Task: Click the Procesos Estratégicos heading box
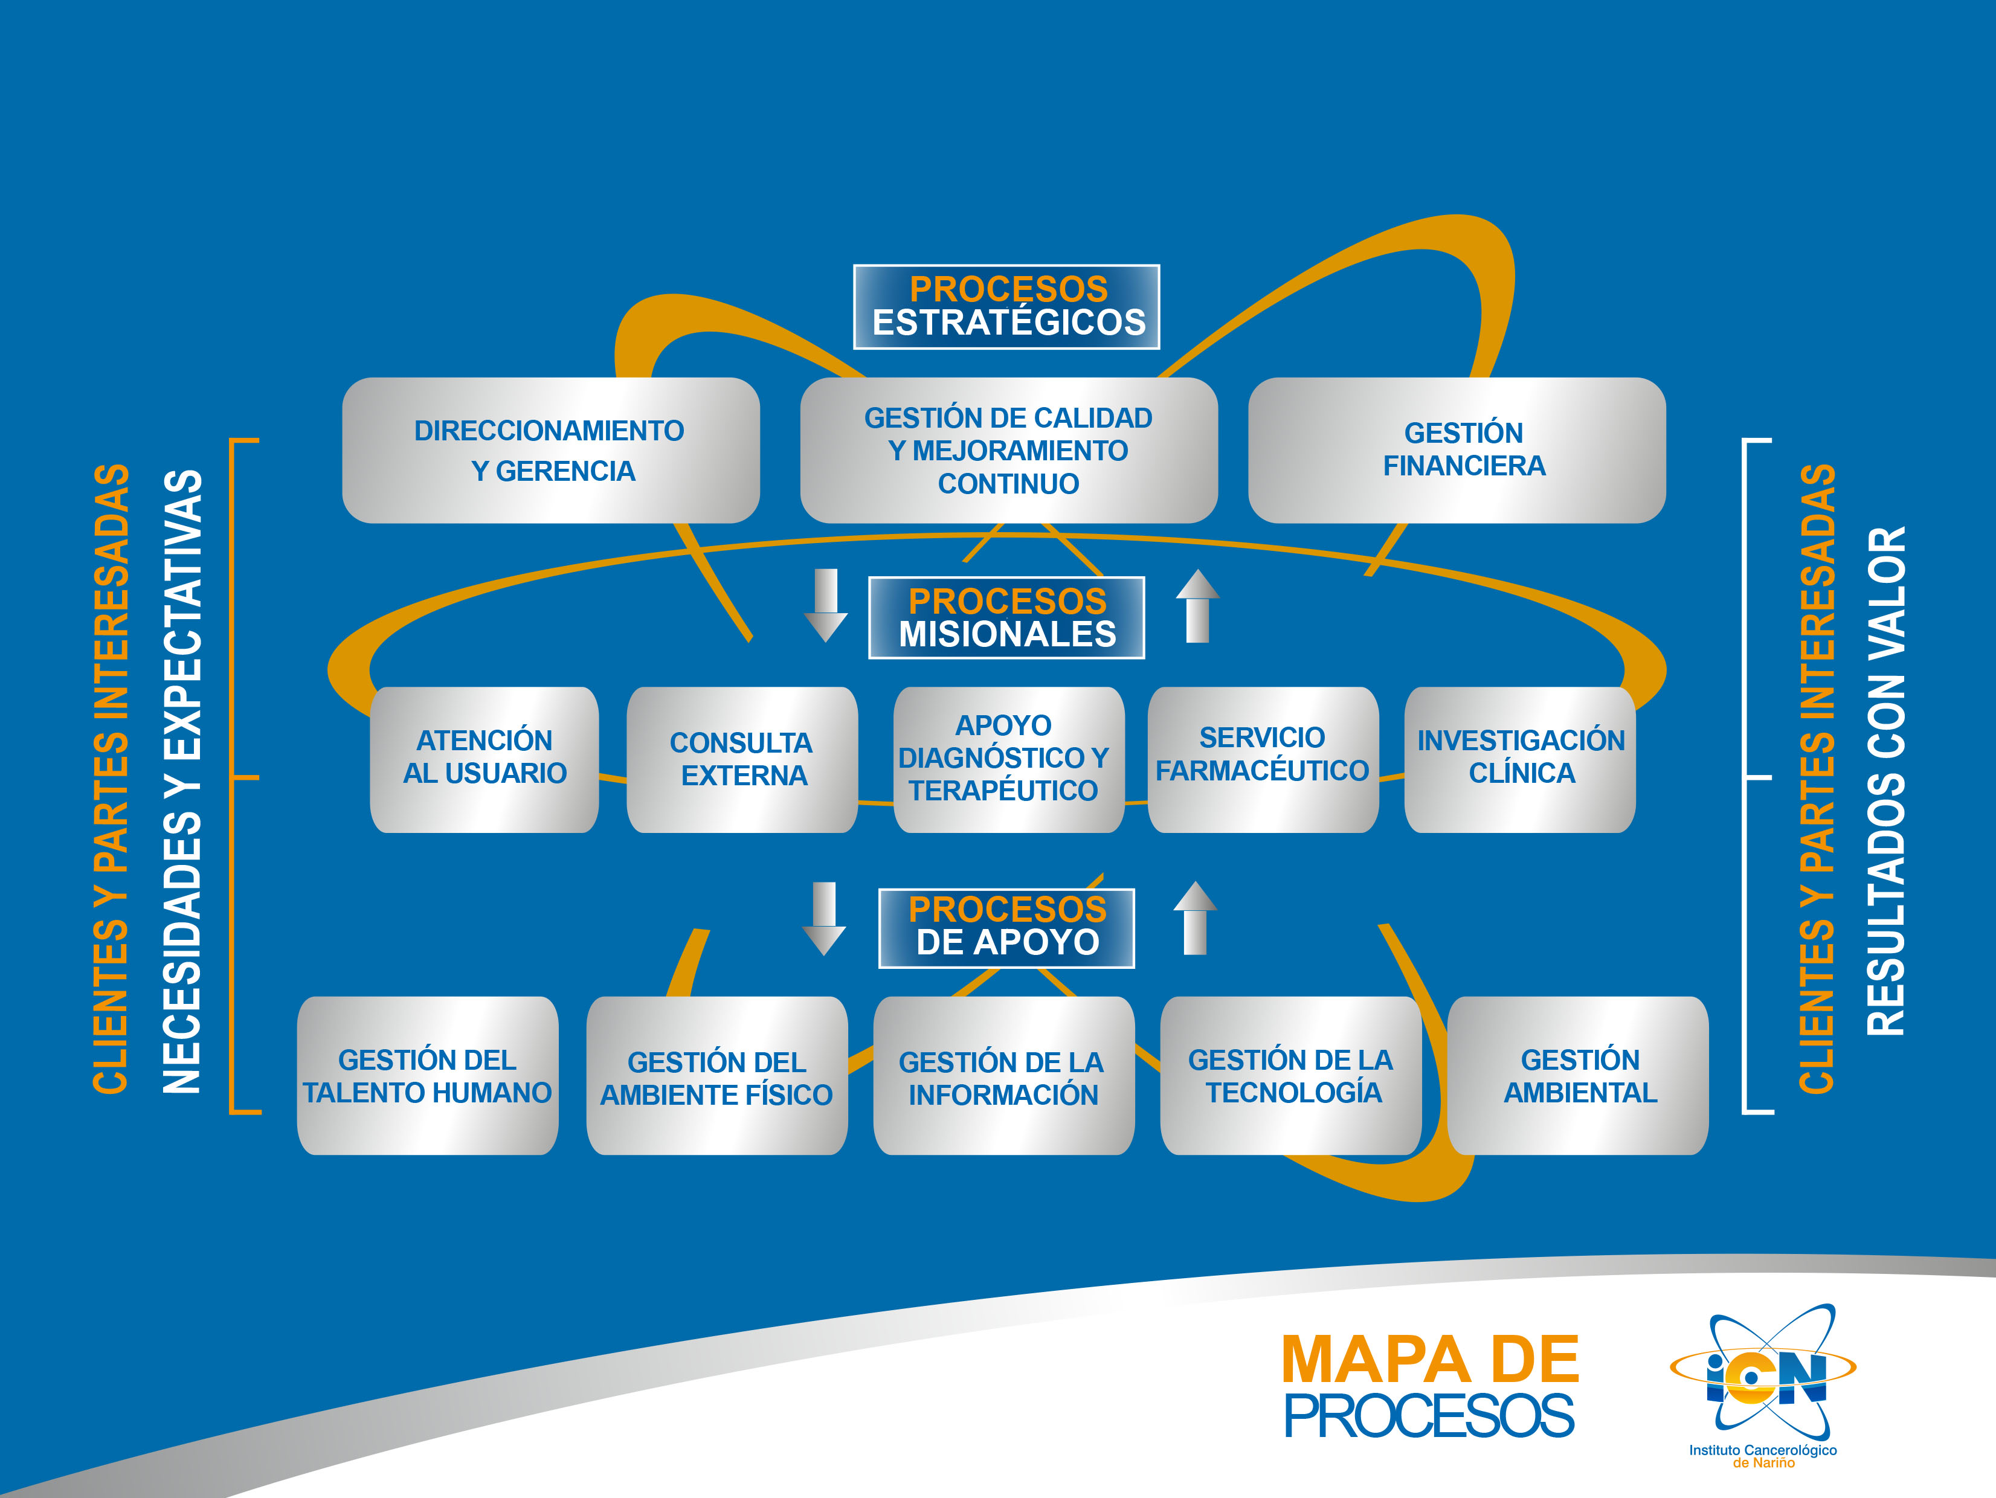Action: click(x=1006, y=307)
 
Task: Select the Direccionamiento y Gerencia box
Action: click(x=550, y=450)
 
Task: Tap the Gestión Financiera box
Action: click(x=1457, y=450)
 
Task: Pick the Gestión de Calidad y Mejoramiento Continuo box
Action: click(x=1008, y=450)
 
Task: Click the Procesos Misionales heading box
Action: click(x=1006, y=617)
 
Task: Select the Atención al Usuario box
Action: click(x=485, y=759)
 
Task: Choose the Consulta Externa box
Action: click(x=742, y=759)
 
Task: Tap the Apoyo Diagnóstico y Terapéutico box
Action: click(x=1008, y=759)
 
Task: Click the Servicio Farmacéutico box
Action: click(x=1263, y=759)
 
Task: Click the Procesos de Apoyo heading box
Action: click(x=1006, y=928)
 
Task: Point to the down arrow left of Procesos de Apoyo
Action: click(x=824, y=918)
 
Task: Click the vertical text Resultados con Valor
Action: click(x=1886, y=780)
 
